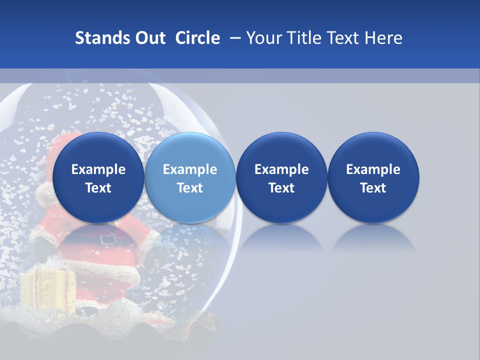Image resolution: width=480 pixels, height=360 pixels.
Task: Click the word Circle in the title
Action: coord(197,38)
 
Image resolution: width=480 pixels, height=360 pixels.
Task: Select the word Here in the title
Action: coord(384,38)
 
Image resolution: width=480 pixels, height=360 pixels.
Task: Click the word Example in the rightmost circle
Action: coord(373,169)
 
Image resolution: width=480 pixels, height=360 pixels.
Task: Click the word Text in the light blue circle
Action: coord(190,188)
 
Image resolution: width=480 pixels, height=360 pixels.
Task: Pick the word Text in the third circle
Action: coord(281,188)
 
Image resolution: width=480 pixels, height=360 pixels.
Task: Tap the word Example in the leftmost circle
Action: coord(98,169)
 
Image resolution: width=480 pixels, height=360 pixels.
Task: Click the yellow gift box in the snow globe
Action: coord(47,290)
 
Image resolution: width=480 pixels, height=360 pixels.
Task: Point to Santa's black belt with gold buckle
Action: coord(107,239)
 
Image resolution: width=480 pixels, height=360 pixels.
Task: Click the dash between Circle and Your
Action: coord(233,38)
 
